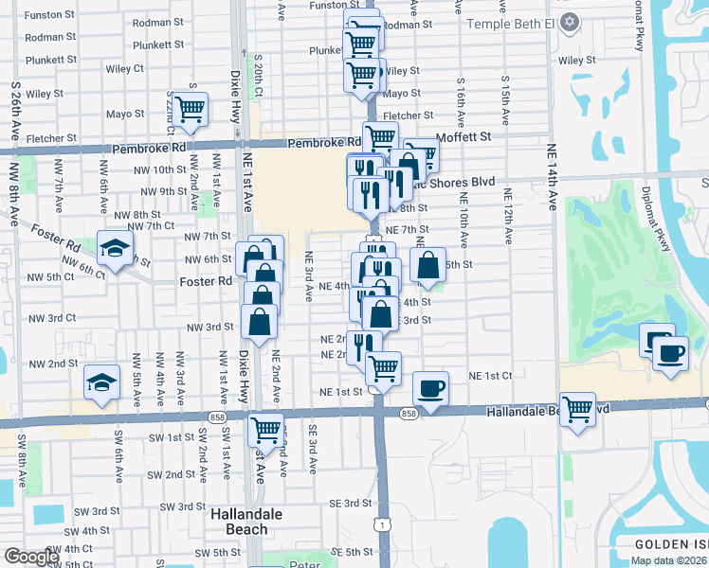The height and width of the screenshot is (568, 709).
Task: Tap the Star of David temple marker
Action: click(569, 22)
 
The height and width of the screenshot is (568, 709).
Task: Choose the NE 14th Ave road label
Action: click(552, 182)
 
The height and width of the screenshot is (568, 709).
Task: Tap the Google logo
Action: click(31, 557)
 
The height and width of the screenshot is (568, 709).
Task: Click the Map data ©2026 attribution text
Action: click(669, 560)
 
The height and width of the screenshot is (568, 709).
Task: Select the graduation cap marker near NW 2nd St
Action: click(101, 382)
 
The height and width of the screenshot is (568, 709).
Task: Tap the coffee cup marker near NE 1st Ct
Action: click(431, 388)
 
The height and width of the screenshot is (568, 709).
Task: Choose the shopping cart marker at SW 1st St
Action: click(265, 429)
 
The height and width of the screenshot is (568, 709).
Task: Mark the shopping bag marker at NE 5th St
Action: click(428, 266)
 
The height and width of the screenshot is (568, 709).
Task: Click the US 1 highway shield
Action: click(381, 524)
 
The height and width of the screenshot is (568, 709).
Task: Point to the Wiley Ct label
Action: click(125, 69)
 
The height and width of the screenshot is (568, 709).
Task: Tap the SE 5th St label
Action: click(353, 552)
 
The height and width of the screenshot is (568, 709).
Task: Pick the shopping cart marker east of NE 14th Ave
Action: click(577, 409)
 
